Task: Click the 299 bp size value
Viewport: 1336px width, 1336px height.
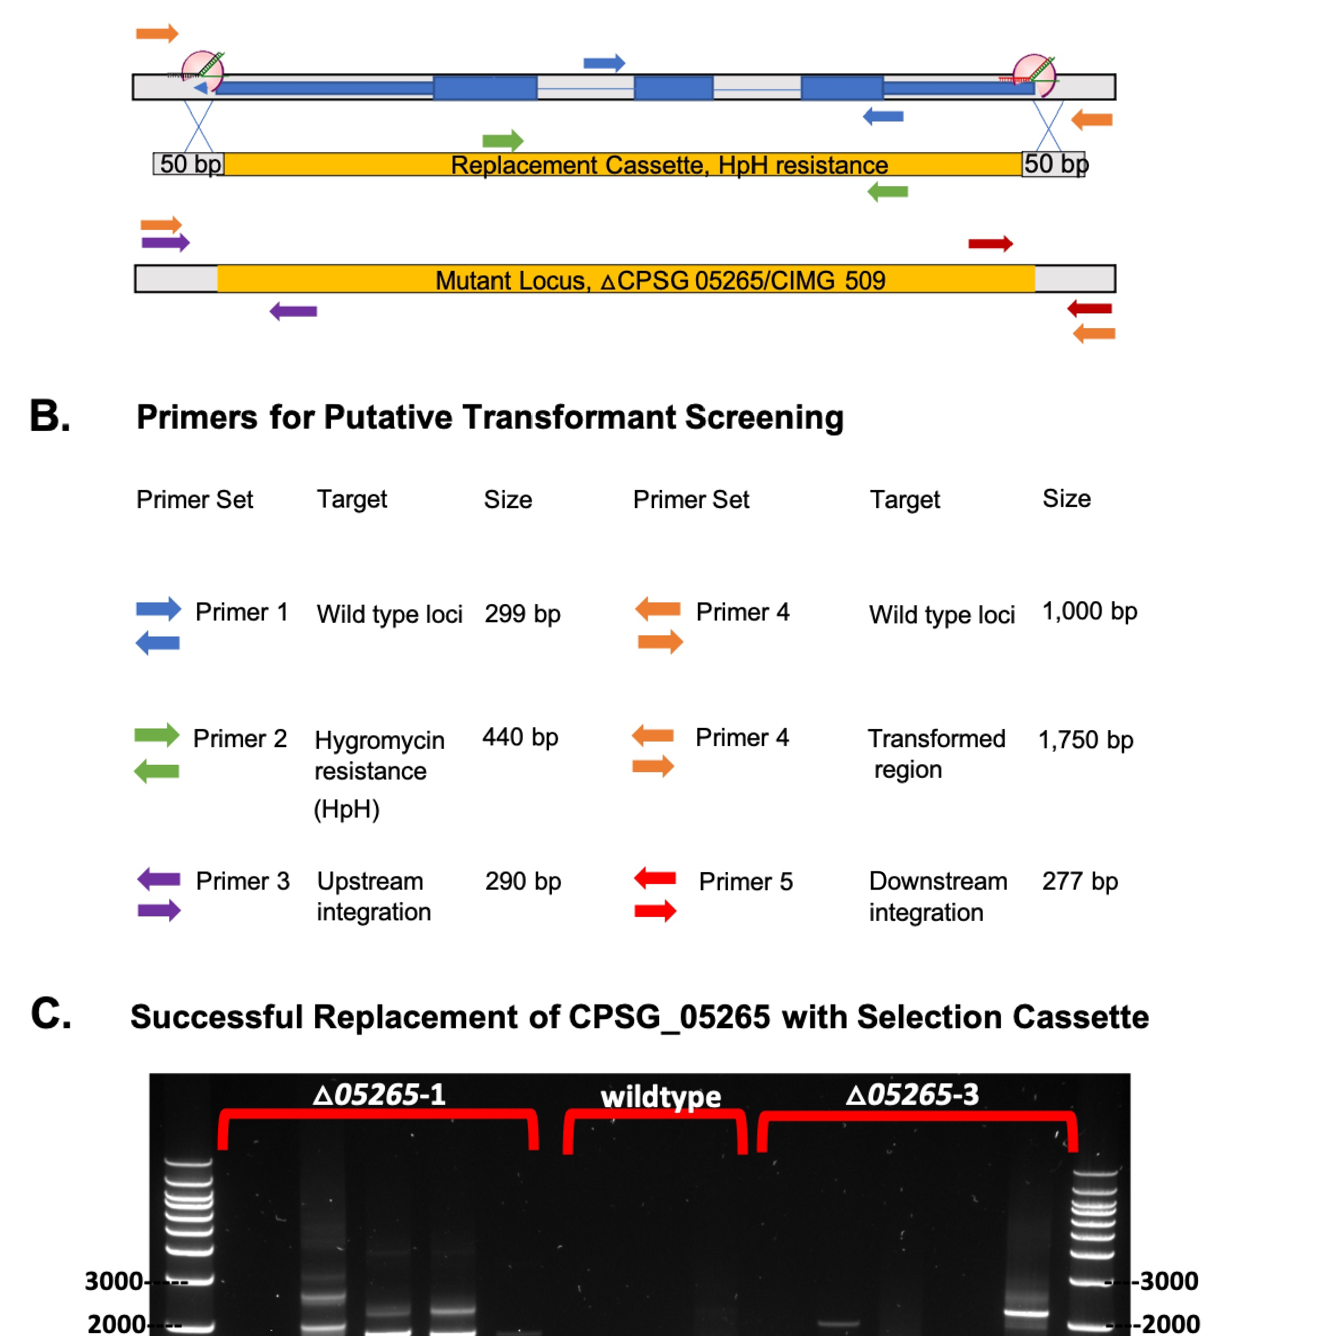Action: (x=522, y=613)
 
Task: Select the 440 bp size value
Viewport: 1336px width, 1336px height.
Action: (x=520, y=737)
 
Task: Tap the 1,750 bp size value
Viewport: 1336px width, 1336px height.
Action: (x=1085, y=740)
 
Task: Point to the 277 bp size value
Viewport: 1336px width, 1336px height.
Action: (x=1079, y=881)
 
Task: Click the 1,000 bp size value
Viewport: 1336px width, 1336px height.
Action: (x=1089, y=612)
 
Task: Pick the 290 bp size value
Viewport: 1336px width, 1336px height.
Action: (x=523, y=881)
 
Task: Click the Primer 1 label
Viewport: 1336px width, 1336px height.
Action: (x=241, y=612)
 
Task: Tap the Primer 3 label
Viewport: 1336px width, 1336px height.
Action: (x=242, y=881)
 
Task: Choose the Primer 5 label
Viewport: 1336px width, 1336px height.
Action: (x=746, y=882)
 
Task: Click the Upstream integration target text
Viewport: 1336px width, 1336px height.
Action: (x=374, y=896)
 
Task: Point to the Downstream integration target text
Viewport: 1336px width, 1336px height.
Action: (x=937, y=896)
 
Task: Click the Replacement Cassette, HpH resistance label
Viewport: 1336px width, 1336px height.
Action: (x=669, y=165)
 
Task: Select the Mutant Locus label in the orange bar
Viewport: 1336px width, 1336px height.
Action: (x=660, y=280)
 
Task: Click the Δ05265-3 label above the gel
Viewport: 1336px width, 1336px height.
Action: (x=912, y=1095)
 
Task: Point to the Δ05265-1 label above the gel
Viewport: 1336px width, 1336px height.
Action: (x=379, y=1095)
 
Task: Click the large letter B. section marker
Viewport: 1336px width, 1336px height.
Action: (x=50, y=417)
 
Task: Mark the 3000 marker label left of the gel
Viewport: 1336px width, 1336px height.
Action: (x=114, y=1281)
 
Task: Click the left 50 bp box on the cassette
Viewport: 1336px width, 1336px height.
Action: (x=189, y=164)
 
